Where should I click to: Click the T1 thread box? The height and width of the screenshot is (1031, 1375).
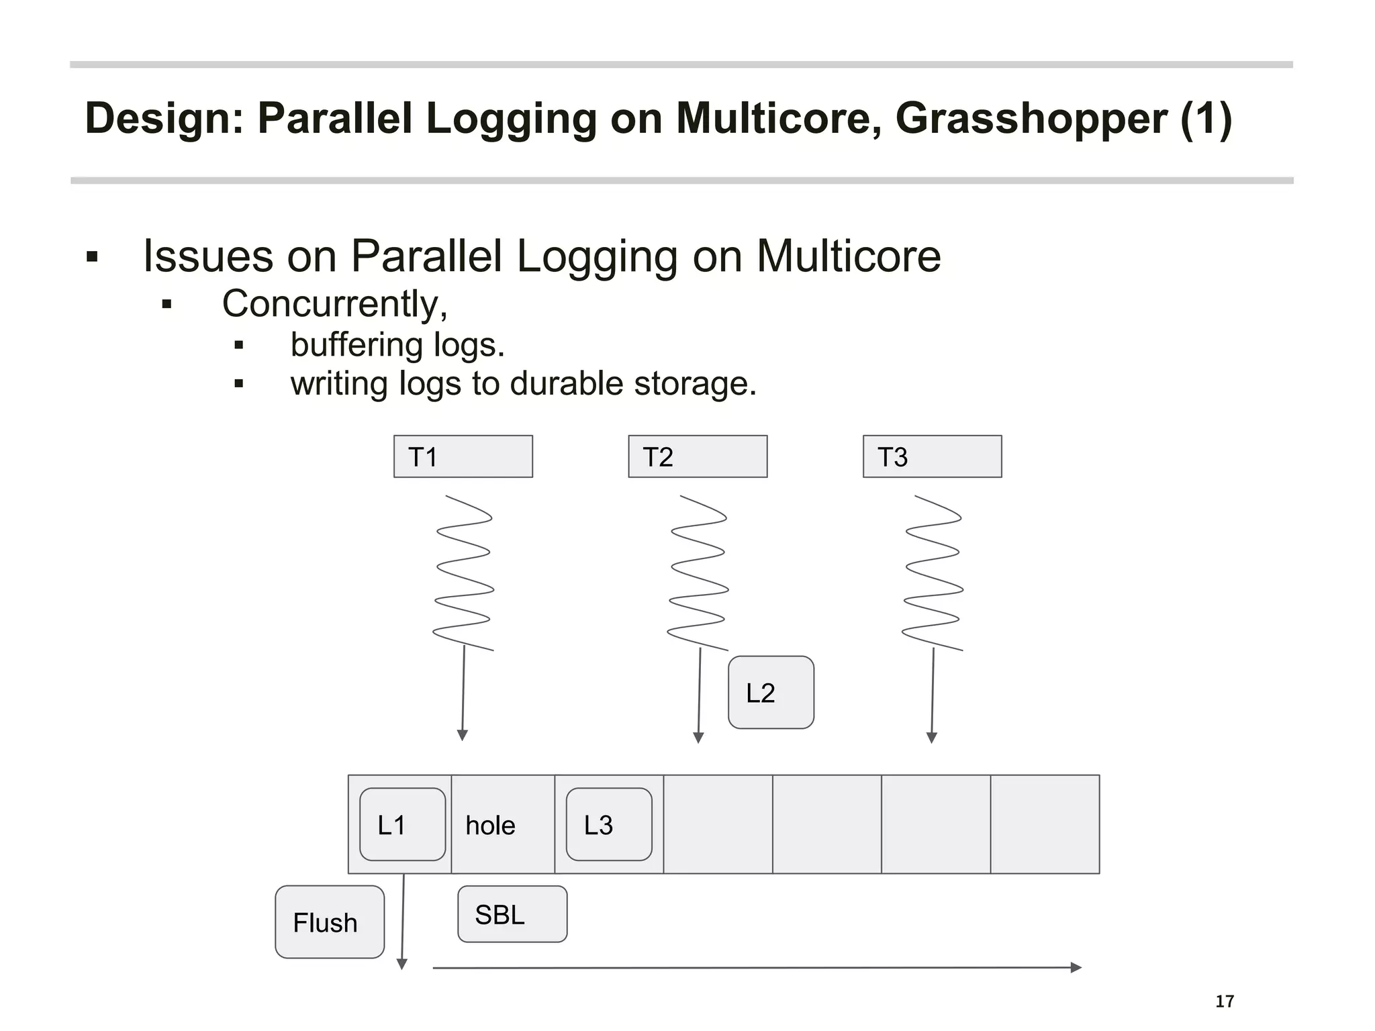tap(463, 456)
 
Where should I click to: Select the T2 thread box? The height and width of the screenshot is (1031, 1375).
tap(698, 456)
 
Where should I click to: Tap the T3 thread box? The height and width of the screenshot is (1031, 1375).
tap(932, 456)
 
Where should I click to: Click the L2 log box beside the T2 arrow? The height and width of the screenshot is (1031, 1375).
tap(771, 692)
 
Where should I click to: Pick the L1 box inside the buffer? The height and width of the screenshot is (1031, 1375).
tap(402, 824)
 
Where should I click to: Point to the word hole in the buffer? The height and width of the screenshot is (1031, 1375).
tap(490, 826)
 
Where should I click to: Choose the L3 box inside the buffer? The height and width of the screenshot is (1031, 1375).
tap(609, 824)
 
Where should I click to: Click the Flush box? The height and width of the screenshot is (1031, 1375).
tap(330, 922)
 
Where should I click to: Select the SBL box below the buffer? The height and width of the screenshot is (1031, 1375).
tap(512, 914)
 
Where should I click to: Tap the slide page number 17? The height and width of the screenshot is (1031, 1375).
tap(1225, 1001)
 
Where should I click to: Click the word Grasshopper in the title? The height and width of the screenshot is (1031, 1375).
tap(1031, 118)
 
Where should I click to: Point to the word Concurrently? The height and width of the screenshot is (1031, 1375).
tap(334, 304)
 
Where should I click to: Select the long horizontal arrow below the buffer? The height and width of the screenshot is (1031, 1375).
tap(756, 968)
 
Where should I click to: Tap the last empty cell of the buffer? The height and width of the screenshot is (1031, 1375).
tap(1045, 824)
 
